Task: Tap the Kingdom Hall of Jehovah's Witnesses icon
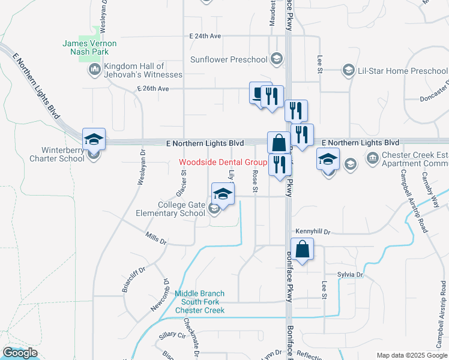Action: pyautogui.click(x=95, y=70)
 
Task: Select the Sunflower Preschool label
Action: pyautogui.click(x=229, y=59)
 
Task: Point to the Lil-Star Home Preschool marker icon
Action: pyautogui.click(x=348, y=71)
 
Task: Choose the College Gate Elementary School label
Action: pyautogui.click(x=181, y=209)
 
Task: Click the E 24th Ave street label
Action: pyautogui.click(x=205, y=36)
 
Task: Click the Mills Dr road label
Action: pyautogui.click(x=156, y=239)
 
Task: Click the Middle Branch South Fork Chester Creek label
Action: pyautogui.click(x=200, y=302)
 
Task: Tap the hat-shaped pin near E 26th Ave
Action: pyautogui.click(x=260, y=93)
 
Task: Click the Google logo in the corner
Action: pyautogui.click(x=20, y=353)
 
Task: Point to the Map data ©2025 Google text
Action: pyautogui.click(x=411, y=355)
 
